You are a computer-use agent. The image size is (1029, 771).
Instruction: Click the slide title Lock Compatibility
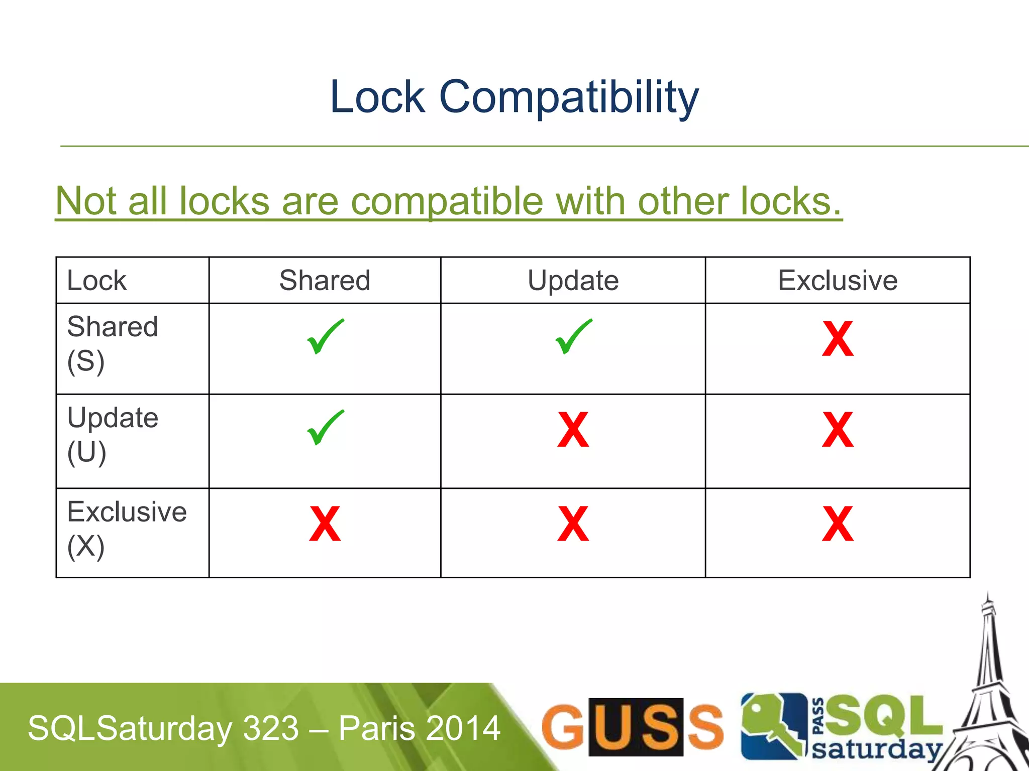(514, 97)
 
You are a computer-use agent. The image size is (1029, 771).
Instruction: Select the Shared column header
(325, 280)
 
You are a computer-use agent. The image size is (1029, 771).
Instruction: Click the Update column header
(573, 280)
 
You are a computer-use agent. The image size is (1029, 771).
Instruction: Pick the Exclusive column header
(838, 280)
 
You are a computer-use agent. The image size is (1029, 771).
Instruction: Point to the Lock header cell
(97, 280)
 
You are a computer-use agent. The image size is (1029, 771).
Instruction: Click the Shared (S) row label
(113, 344)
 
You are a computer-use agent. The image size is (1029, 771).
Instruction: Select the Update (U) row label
(113, 435)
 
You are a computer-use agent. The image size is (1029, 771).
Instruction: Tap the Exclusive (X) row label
(127, 529)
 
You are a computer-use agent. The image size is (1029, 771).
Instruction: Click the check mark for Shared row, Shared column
(325, 337)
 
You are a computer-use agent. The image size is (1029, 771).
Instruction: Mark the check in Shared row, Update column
(573, 337)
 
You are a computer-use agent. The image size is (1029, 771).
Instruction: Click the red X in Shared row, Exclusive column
(838, 339)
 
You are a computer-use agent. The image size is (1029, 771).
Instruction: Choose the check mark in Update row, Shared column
(325, 428)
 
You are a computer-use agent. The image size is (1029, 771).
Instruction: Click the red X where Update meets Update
(573, 430)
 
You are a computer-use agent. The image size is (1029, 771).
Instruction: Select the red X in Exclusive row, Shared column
(325, 524)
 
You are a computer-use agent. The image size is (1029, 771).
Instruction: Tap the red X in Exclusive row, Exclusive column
(838, 524)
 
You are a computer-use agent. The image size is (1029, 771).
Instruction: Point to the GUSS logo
(632, 727)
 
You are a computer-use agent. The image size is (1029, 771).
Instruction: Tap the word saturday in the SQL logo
(877, 749)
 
